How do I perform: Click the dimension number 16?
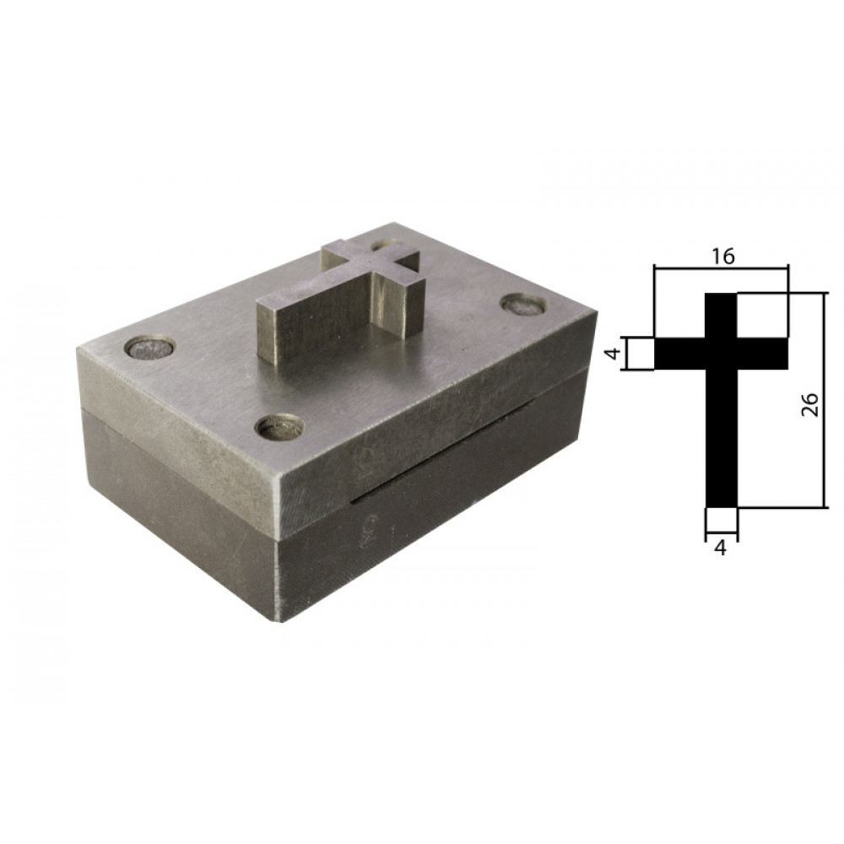pos(724,257)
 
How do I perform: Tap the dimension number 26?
pos(810,405)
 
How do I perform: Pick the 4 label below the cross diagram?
pos(721,548)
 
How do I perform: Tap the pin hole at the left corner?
pos(150,348)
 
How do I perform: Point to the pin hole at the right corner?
pos(524,304)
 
